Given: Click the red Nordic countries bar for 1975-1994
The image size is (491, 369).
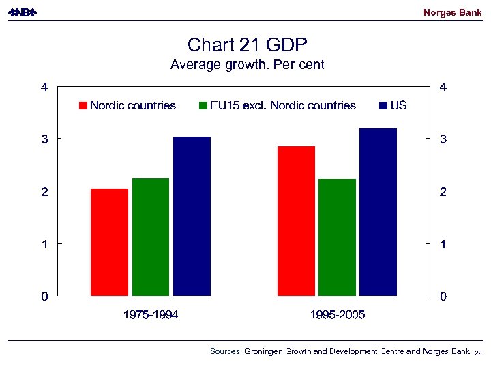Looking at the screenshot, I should click(x=109, y=242).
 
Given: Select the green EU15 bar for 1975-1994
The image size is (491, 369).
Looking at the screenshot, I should click(x=151, y=237).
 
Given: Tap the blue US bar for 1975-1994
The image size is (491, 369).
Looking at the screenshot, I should click(x=192, y=216).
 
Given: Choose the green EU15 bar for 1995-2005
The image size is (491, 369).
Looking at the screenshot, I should click(x=337, y=237).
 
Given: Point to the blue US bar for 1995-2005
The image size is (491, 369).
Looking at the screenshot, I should click(x=378, y=212).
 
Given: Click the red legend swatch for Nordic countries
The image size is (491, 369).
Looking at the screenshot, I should click(x=84, y=106).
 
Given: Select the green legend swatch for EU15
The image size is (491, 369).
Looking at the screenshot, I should click(x=203, y=106).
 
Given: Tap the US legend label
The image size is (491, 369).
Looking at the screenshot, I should click(x=399, y=105).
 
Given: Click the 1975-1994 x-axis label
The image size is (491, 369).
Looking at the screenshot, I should click(x=151, y=315).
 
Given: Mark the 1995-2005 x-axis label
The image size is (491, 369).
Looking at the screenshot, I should click(x=337, y=315).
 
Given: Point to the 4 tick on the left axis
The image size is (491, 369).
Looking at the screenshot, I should click(x=44, y=87).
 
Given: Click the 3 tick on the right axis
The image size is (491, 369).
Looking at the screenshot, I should click(x=443, y=139).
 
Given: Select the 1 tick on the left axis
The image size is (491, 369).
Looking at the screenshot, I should click(x=44, y=244).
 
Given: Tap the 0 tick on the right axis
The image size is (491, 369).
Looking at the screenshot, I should click(x=443, y=297).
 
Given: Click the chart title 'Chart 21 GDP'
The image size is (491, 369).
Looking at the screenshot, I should click(x=248, y=45).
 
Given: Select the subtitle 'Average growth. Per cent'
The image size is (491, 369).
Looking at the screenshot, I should click(x=248, y=65).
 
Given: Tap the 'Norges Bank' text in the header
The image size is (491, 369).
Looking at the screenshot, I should click(x=452, y=12).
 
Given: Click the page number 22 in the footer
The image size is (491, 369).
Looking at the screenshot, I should click(x=478, y=352).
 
